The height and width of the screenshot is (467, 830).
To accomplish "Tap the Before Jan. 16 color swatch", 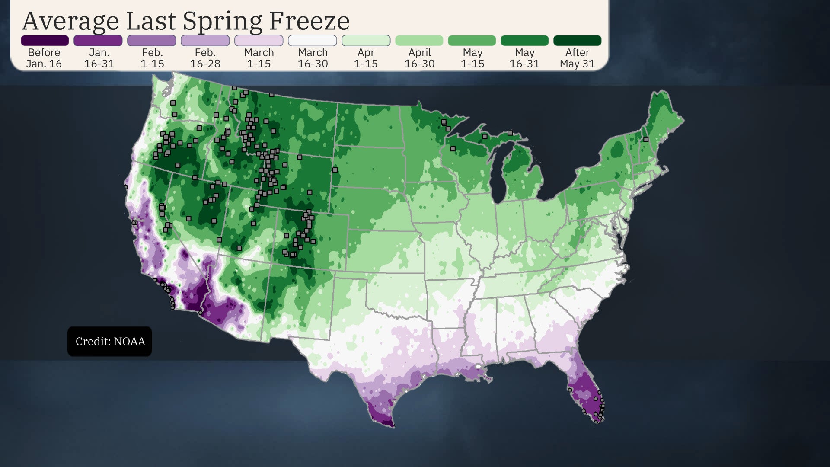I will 45,41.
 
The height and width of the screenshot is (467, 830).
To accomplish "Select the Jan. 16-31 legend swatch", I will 98,41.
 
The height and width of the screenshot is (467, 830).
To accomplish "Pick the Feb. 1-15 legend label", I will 152,58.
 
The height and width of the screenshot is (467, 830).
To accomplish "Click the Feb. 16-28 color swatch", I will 205,41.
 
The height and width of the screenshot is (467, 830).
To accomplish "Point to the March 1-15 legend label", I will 259,58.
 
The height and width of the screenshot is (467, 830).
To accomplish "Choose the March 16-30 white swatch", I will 312,41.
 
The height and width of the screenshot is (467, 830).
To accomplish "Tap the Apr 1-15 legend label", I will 366,58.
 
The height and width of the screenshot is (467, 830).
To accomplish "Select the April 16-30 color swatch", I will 419,41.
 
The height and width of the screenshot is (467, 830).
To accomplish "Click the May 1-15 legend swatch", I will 472,41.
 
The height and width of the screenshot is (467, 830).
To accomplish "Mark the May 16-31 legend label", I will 524,58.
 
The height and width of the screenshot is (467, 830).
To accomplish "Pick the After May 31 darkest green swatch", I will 577,41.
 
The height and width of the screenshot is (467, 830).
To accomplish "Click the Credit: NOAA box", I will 110,341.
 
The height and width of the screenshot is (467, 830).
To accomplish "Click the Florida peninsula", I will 586,389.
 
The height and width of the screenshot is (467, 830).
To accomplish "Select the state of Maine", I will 661,117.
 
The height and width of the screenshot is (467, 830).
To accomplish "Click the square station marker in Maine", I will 646,139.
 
